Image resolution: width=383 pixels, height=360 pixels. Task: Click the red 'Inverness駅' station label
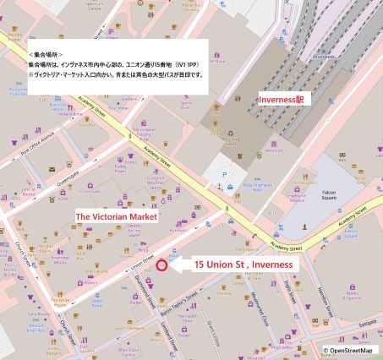pos(287,100)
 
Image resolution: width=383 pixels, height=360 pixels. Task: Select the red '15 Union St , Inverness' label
pos(243,265)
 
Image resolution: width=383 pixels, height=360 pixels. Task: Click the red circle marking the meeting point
pos(162,265)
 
